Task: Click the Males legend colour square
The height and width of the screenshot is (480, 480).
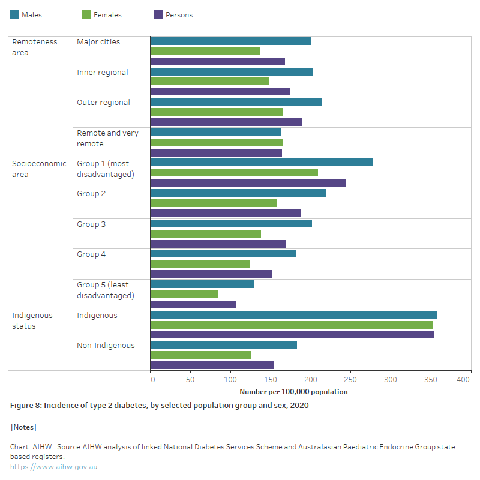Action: tap(14, 14)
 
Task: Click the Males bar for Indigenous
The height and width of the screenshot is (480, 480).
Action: tap(293, 315)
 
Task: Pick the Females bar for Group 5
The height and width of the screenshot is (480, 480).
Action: tap(184, 294)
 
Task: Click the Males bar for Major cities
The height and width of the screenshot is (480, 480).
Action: tap(230, 41)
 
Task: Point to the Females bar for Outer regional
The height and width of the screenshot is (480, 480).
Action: tap(217, 112)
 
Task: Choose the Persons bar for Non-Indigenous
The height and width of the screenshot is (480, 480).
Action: tap(212, 365)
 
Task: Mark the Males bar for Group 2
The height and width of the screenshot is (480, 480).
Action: tap(238, 193)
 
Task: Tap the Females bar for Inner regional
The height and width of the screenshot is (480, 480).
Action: tap(209, 81)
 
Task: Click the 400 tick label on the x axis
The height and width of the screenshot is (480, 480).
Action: tap(463, 379)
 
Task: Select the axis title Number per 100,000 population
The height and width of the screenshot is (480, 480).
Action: tap(293, 392)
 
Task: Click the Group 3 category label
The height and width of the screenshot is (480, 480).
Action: tap(91, 224)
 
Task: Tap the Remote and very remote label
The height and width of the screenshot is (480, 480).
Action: tap(107, 138)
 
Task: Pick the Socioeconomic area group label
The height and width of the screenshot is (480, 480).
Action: tap(39, 169)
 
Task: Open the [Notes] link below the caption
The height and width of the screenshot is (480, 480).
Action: tap(23, 427)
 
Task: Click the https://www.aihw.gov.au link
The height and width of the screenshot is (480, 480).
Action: tap(53, 467)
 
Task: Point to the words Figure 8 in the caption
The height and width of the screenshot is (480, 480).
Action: tap(25, 406)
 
